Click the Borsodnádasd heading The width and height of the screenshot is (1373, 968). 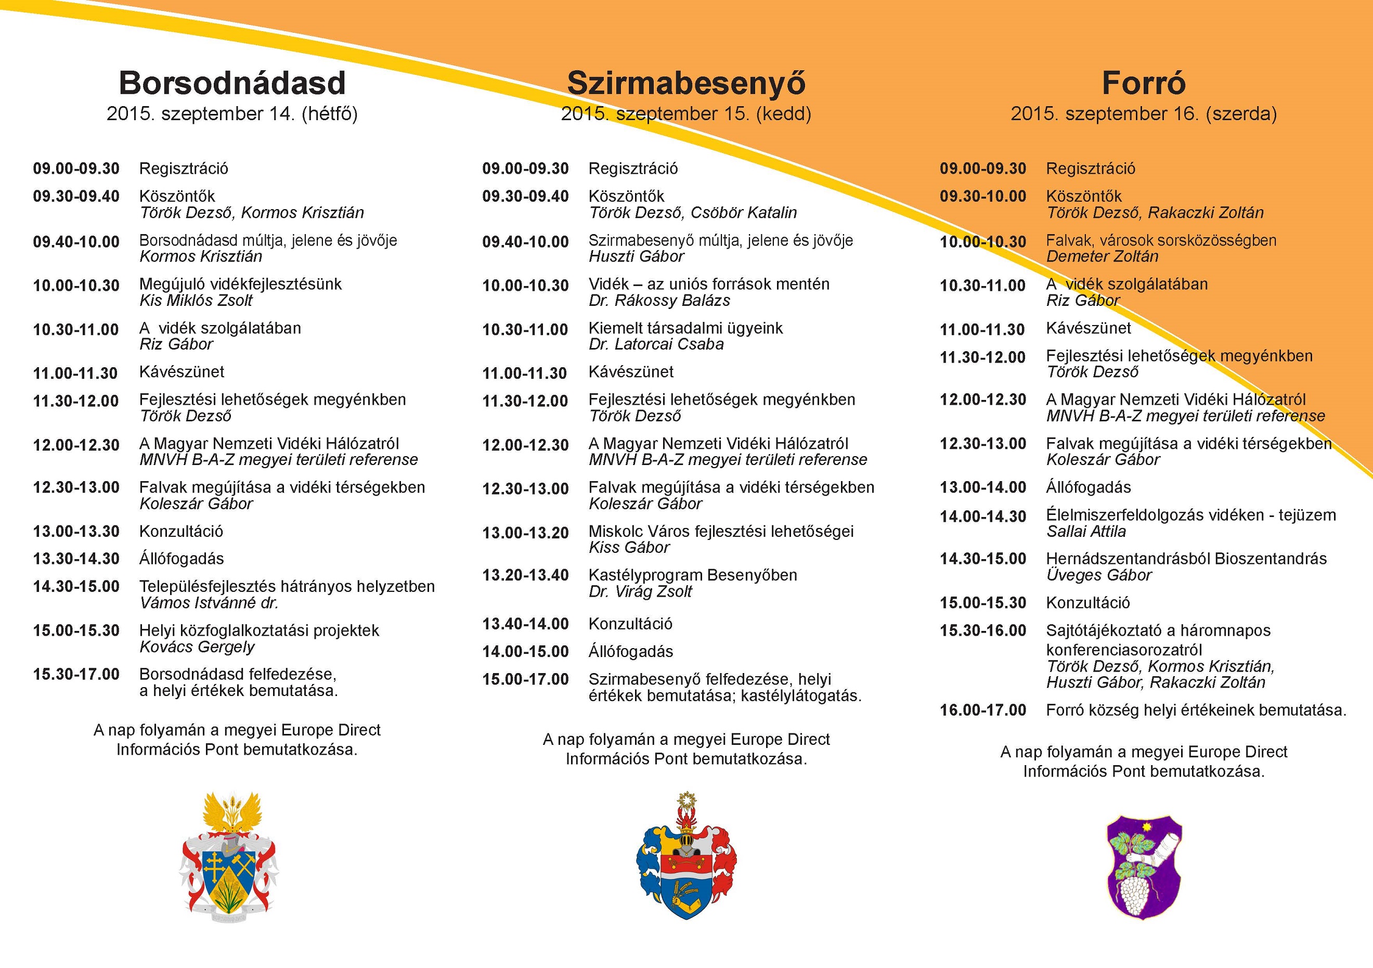232,83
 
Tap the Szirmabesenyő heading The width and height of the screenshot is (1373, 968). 686,83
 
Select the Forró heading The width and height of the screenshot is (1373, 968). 1143,83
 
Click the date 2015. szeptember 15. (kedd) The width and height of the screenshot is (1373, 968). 686,113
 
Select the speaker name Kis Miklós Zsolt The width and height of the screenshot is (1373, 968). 196,300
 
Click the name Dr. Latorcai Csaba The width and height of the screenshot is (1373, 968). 656,344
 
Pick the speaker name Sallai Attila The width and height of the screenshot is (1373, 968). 1086,532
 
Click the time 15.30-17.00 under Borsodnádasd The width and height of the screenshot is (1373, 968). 76,675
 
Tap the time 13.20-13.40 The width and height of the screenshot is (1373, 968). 525,575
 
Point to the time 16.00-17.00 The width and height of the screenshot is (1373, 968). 982,711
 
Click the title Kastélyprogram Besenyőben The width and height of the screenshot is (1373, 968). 692,575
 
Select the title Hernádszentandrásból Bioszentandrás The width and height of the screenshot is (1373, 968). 1186,559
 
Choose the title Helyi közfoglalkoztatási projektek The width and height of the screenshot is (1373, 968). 259,631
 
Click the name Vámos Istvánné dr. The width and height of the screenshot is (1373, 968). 209,603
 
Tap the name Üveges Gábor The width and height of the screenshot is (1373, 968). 1098,575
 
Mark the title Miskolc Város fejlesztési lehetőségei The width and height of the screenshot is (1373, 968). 721,532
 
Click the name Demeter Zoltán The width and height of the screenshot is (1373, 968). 1102,256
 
